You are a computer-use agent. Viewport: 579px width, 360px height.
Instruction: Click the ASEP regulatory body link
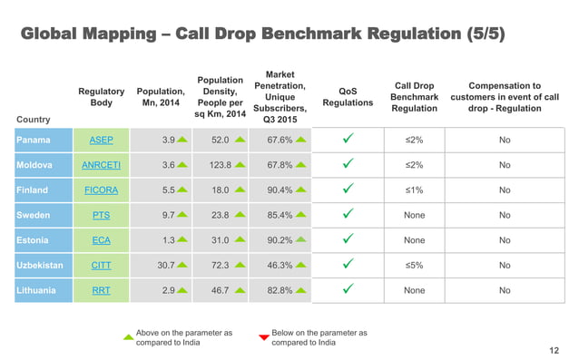(x=102, y=141)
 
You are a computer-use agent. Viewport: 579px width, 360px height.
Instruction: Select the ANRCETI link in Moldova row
(x=102, y=166)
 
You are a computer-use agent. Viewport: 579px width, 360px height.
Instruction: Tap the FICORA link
(x=102, y=191)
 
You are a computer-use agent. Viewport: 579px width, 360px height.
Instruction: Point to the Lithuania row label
(x=35, y=291)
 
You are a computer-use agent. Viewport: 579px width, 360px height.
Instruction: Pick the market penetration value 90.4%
(x=279, y=191)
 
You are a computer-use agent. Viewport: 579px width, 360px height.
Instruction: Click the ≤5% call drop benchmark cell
(x=413, y=266)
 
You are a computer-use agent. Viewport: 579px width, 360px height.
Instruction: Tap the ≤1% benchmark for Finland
(x=413, y=191)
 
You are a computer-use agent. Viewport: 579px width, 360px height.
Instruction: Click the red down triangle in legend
(x=264, y=337)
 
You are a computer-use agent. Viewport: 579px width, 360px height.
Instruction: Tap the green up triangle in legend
(x=128, y=337)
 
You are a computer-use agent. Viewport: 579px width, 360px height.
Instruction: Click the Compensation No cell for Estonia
(x=504, y=241)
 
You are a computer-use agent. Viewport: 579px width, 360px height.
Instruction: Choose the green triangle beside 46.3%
(x=300, y=266)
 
